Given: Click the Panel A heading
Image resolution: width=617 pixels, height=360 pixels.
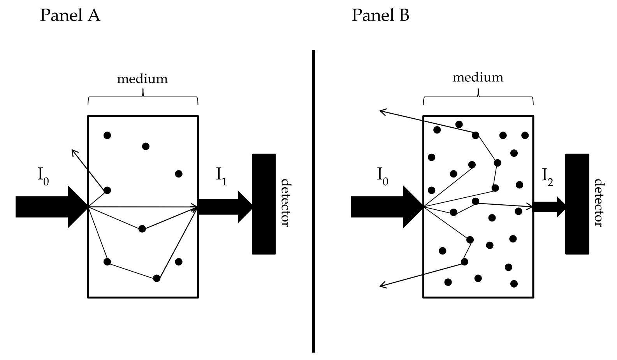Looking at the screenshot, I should (x=70, y=16).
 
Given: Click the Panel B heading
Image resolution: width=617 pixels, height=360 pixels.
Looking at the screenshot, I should (x=380, y=16).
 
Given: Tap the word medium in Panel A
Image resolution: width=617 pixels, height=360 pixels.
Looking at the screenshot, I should (x=142, y=79).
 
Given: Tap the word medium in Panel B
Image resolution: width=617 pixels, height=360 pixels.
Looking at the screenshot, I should (x=478, y=77).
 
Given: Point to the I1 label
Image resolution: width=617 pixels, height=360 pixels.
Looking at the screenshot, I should (x=221, y=176).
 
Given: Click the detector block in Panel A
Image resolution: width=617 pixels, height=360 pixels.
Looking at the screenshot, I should (x=264, y=204).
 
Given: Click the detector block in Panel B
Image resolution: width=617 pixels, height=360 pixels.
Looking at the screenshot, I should (x=577, y=204).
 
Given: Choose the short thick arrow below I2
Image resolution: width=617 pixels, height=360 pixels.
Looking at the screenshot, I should (x=549, y=207).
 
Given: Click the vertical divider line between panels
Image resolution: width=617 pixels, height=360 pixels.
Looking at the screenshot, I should (x=313, y=201).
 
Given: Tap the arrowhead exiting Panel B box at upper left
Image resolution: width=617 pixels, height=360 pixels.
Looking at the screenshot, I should (x=382, y=112).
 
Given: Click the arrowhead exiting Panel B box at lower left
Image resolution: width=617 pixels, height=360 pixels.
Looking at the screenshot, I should (x=382, y=286).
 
